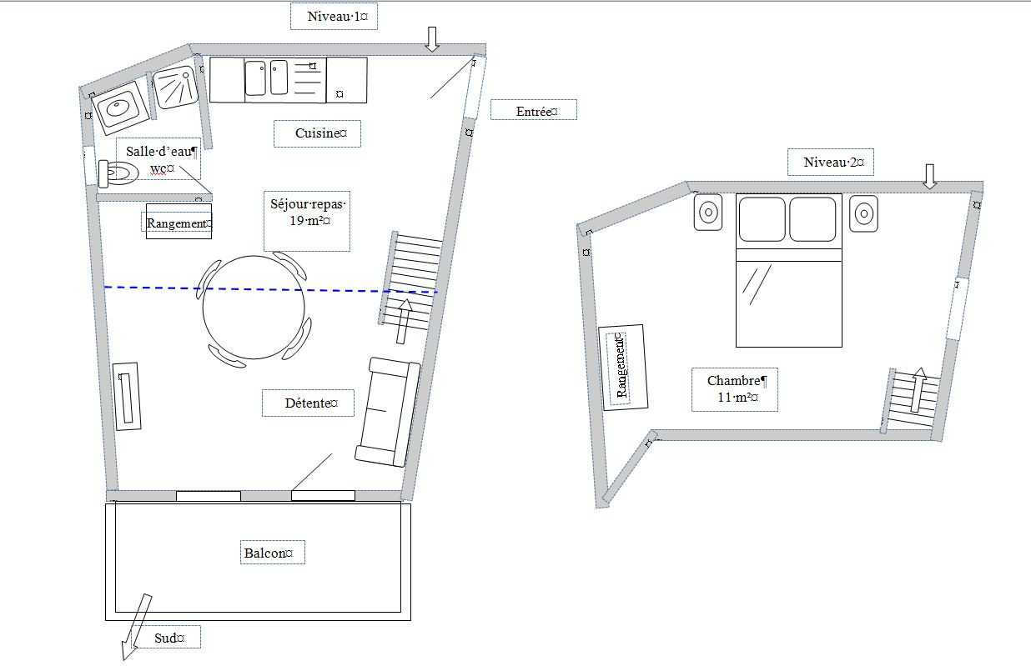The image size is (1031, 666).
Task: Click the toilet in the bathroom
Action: pos(118,173)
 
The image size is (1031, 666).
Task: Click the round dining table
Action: pos(253,308)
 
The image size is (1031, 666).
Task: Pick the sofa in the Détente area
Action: pos(388,412)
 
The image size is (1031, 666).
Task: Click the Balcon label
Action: pos(269,553)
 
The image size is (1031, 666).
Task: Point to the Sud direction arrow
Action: pos(136,628)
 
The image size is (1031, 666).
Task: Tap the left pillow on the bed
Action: pos(762,219)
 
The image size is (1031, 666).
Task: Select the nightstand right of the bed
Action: pos(863,214)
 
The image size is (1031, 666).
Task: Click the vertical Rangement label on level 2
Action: pos(621,367)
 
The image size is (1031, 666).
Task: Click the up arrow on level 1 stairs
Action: pos(404,321)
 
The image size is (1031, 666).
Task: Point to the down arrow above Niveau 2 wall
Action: pos(930,176)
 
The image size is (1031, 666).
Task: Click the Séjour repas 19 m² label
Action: pos(308,212)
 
